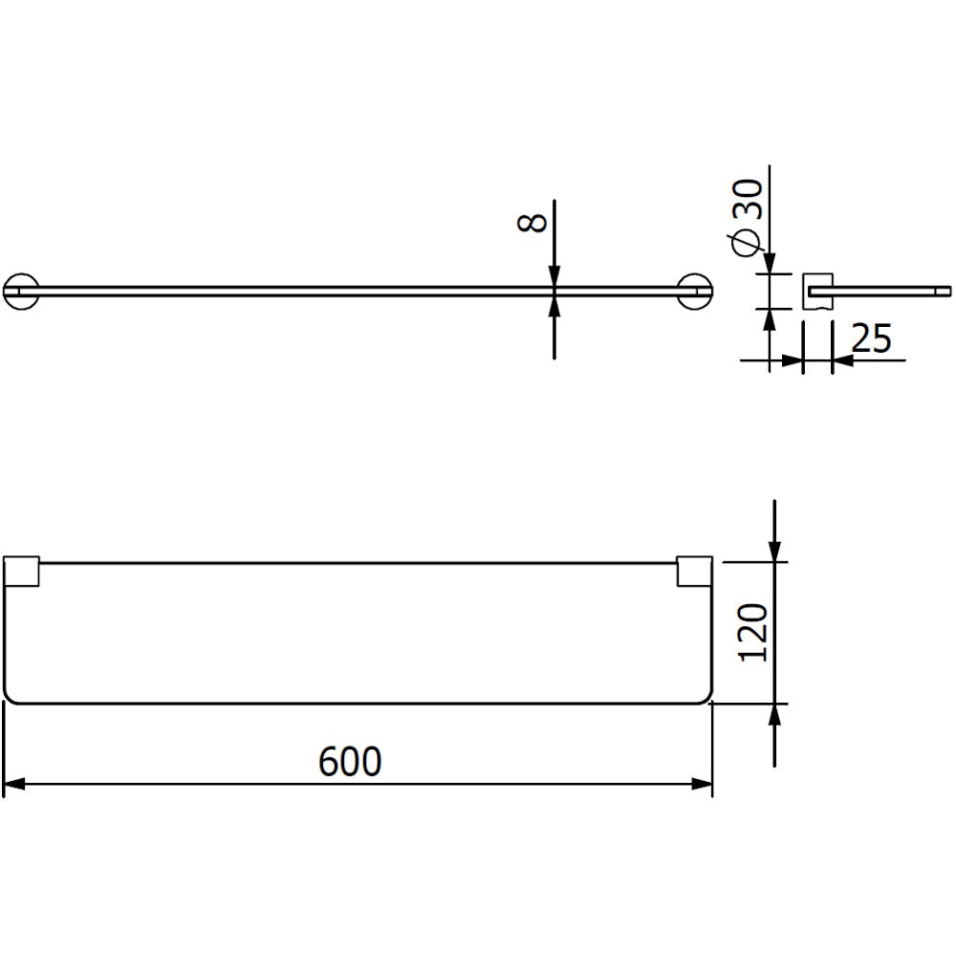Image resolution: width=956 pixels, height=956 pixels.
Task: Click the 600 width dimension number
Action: click(x=350, y=761)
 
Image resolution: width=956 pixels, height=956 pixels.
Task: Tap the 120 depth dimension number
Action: click(x=753, y=632)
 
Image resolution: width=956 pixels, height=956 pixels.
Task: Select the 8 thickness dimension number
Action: click(x=532, y=222)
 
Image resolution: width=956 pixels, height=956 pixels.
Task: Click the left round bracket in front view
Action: click(x=21, y=291)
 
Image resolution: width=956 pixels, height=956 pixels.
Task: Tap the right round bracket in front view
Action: click(x=695, y=291)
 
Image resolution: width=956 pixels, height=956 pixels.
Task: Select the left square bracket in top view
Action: click(x=21, y=572)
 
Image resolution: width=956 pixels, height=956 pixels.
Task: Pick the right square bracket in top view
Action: click(x=695, y=572)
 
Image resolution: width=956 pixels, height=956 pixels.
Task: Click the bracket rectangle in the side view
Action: click(x=817, y=291)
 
